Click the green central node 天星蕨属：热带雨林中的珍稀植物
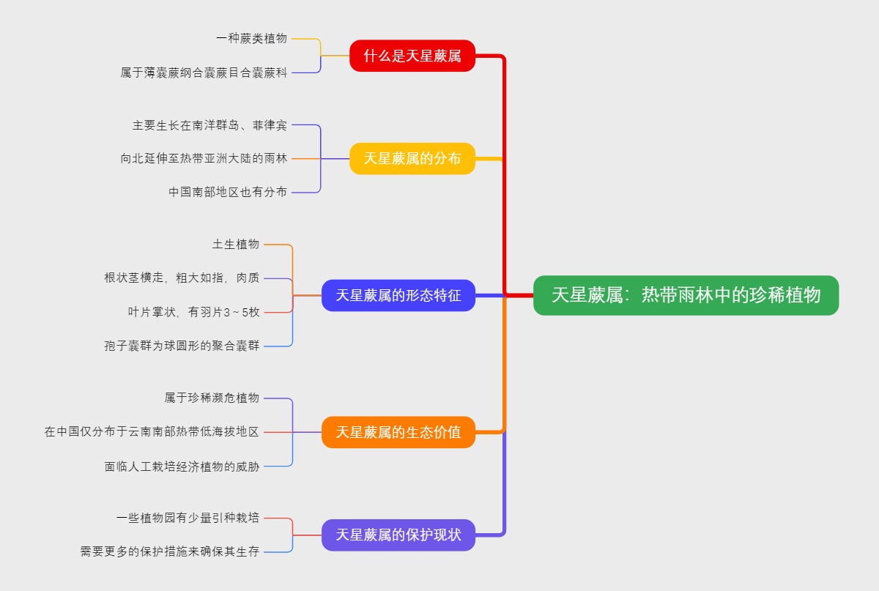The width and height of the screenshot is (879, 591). (686, 295)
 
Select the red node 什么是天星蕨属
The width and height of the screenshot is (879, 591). (412, 56)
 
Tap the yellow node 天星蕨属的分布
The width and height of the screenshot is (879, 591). (412, 158)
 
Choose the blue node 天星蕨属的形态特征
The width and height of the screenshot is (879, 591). (398, 295)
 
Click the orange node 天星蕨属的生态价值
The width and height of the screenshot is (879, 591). (398, 432)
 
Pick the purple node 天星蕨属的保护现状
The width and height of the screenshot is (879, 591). (398, 535)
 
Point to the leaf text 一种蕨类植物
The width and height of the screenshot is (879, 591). (251, 38)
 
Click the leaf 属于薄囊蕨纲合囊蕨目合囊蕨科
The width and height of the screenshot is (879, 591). (204, 73)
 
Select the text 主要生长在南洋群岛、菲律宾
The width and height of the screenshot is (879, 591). (209, 125)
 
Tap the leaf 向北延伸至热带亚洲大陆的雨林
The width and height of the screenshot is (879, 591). (204, 158)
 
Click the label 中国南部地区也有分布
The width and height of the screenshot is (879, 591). (228, 192)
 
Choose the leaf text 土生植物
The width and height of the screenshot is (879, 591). (236, 244)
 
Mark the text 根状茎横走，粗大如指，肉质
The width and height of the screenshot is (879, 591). (182, 278)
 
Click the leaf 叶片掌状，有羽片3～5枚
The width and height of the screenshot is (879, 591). (193, 312)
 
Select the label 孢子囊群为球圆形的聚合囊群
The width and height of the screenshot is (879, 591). (182, 346)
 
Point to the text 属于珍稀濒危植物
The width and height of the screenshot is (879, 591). (212, 398)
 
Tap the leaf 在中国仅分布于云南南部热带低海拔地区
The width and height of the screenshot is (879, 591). (152, 432)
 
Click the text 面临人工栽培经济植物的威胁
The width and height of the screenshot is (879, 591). (182, 466)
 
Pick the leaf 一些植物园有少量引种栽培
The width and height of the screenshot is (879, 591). (188, 518)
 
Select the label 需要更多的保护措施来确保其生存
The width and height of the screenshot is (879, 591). (170, 551)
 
